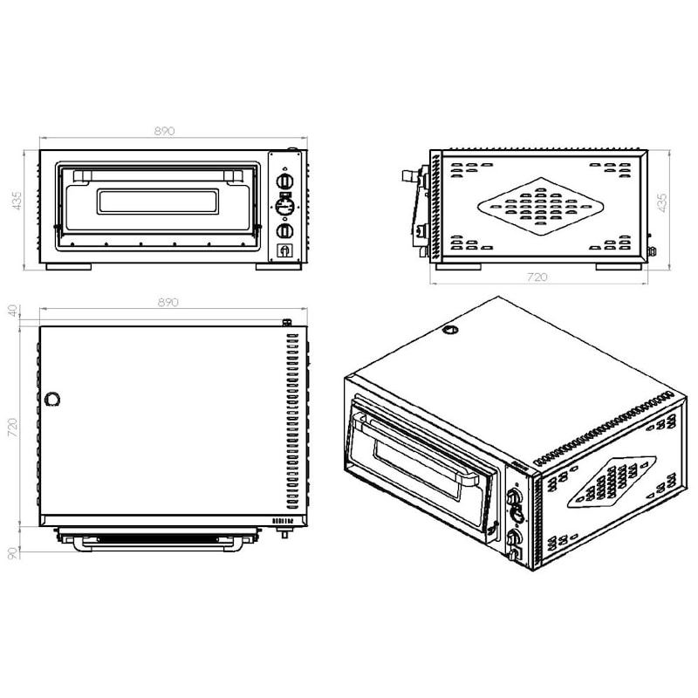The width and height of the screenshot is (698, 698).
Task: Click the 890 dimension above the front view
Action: (x=165, y=131)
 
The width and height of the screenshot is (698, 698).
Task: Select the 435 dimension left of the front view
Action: (x=17, y=201)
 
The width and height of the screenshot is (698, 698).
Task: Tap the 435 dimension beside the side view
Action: (x=662, y=202)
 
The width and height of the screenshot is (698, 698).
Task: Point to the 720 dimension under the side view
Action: (x=537, y=277)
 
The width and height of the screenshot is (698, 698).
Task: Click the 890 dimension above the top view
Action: (x=168, y=302)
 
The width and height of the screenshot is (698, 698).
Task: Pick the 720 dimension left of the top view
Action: (x=13, y=428)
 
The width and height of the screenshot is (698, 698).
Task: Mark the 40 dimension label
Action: (x=13, y=311)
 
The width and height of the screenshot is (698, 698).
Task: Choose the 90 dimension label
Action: (x=13, y=553)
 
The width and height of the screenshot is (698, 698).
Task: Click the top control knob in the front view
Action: (x=285, y=181)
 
